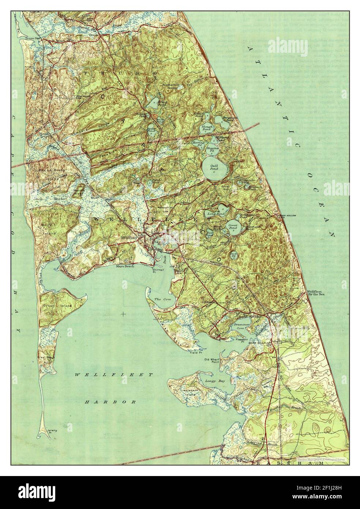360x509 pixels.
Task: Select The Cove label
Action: click(160, 299)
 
